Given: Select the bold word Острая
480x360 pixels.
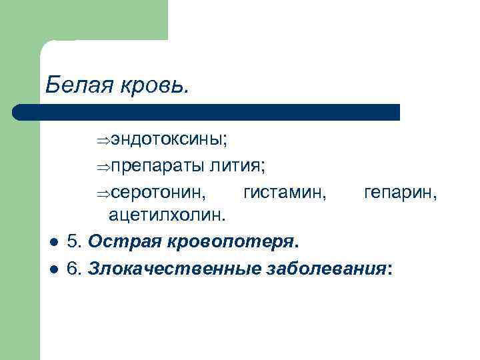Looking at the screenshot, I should coord(118,240).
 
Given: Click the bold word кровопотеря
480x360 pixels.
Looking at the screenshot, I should coord(224,241).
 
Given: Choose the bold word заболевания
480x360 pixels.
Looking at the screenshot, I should coord(324,267).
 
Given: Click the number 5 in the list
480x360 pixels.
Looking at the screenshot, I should coord(73,240).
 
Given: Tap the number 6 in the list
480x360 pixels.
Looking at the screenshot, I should coord(73,267).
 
